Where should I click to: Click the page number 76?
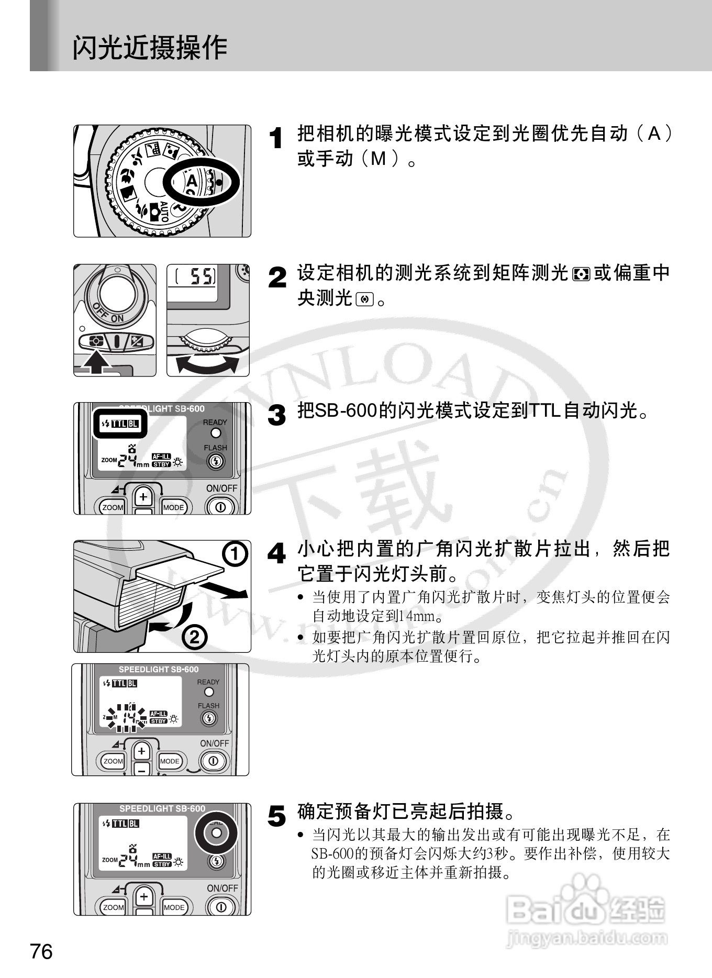coord(42,951)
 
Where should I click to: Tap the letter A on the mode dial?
coord(192,181)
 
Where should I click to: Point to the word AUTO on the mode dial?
coord(163,211)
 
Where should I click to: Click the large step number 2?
coord(277,277)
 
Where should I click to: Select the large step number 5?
coord(277,816)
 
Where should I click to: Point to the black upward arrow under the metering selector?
coord(95,362)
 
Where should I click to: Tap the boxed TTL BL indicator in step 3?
coord(120,424)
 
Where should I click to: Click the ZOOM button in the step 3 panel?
coord(113,507)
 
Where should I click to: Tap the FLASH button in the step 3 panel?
coord(215,462)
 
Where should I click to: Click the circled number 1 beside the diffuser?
coord(235,554)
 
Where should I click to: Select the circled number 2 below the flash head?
coord(194,637)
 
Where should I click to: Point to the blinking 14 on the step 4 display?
coord(128,717)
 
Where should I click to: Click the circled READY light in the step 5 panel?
coord(216,833)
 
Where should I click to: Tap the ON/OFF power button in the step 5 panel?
coord(221,907)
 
